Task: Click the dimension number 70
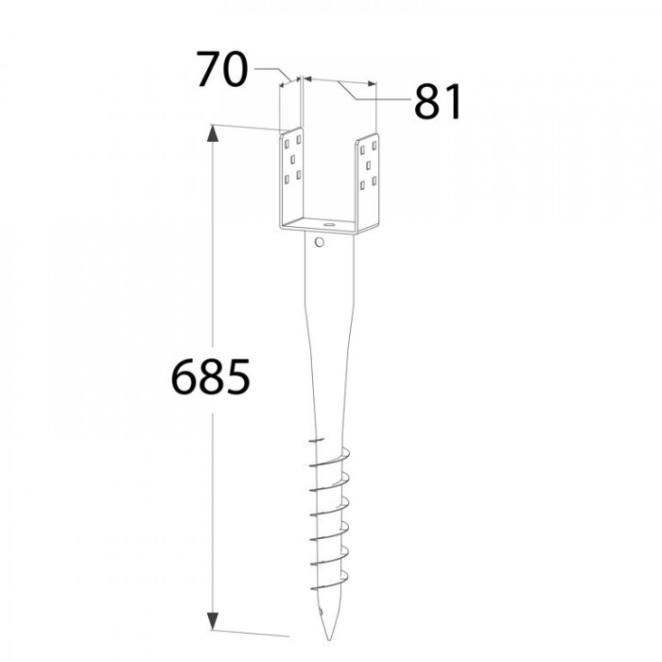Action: point(222,69)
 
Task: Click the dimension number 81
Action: point(438,102)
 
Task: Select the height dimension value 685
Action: point(210,376)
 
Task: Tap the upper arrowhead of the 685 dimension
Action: point(213,133)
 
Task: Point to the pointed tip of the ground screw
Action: point(330,639)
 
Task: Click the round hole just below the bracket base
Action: point(320,242)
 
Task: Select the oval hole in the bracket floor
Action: point(327,225)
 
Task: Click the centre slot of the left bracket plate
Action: point(292,159)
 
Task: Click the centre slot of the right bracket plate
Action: point(368,165)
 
